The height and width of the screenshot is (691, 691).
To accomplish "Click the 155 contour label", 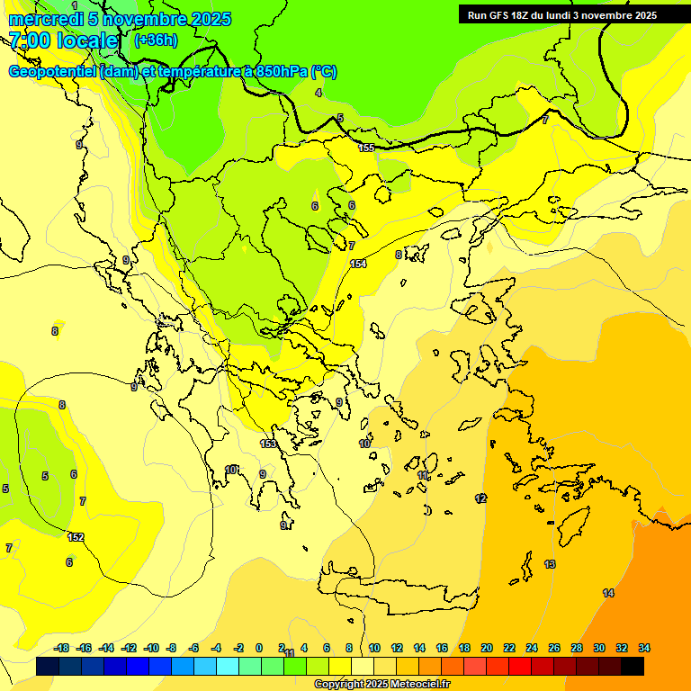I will pyautogui.click(x=366, y=148).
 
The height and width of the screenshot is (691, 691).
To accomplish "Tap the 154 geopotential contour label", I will pyautogui.click(x=359, y=264).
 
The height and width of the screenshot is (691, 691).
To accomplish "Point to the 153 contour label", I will pyautogui.click(x=268, y=444).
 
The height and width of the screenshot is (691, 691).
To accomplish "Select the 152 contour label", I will pyautogui.click(x=76, y=537).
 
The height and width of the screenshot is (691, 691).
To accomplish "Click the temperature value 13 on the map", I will pyautogui.click(x=550, y=564).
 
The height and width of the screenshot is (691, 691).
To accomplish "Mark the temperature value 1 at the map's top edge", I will pyautogui.click(x=75, y=5).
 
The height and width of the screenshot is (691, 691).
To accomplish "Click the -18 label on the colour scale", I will pyautogui.click(x=62, y=648).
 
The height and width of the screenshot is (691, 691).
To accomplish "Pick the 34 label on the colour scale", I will pyautogui.click(x=644, y=648).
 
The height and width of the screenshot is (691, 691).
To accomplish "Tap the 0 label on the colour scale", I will pyautogui.click(x=259, y=648).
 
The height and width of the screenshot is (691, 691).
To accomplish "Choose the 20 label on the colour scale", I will pyautogui.click(x=487, y=648).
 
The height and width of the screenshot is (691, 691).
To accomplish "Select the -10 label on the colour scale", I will pyautogui.click(x=151, y=648).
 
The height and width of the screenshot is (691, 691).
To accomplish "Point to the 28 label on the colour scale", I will pyautogui.click(x=577, y=648).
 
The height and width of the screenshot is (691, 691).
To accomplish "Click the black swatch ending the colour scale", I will pyautogui.click(x=633, y=667).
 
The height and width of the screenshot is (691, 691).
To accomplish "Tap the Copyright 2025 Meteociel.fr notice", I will pyautogui.click(x=381, y=684).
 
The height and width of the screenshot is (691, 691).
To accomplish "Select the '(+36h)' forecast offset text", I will pyautogui.click(x=156, y=40).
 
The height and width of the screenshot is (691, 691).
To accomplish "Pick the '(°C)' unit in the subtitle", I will pyautogui.click(x=324, y=72).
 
